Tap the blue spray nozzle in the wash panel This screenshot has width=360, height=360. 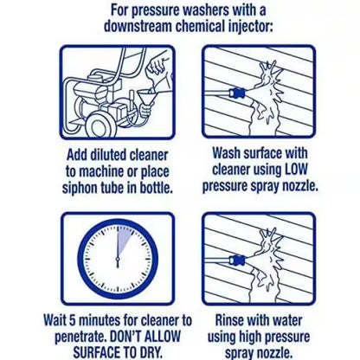click(238, 93)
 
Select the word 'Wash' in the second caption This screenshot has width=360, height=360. click(226, 153)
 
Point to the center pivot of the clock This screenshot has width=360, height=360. click(118, 258)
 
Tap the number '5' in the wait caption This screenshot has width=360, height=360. click(71, 320)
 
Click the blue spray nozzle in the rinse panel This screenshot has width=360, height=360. click(237, 260)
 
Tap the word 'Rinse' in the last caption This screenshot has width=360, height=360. click(229, 320)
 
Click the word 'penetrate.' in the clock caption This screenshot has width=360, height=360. click(80, 337)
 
